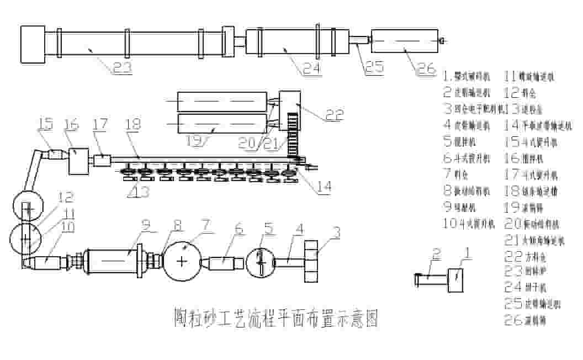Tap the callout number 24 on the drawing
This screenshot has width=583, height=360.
(310, 69)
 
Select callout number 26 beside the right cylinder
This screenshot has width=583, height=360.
(425, 68)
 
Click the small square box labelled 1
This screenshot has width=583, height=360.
(455, 278)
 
